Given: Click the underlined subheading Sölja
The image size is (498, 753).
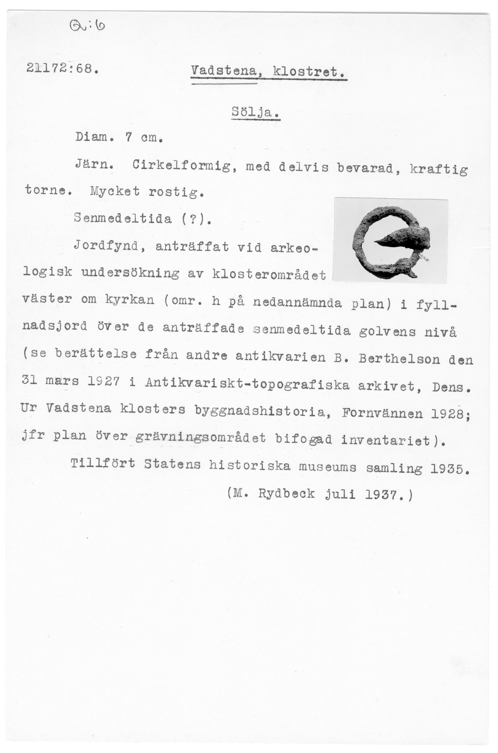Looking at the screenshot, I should [255, 112].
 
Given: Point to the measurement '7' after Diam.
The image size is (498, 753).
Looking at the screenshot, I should [128, 137].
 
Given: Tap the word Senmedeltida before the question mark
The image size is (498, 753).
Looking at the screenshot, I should [123, 219].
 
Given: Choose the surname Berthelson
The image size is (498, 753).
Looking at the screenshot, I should [399, 359].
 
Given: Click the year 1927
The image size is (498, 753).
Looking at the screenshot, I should [104, 381].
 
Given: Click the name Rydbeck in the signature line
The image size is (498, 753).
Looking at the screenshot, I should [286, 494].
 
